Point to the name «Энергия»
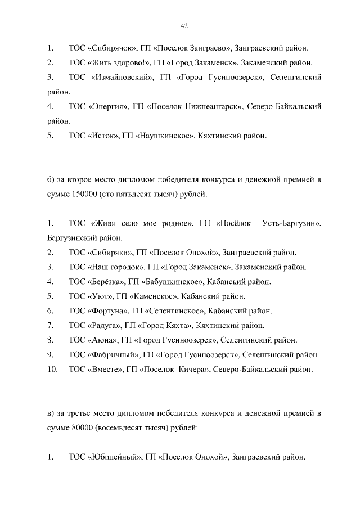[x=109, y=106]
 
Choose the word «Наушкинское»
[x=165, y=136]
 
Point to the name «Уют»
[x=100, y=296]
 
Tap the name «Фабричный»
[x=113, y=355]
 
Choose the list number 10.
[x=52, y=370]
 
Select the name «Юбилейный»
[x=114, y=457]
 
